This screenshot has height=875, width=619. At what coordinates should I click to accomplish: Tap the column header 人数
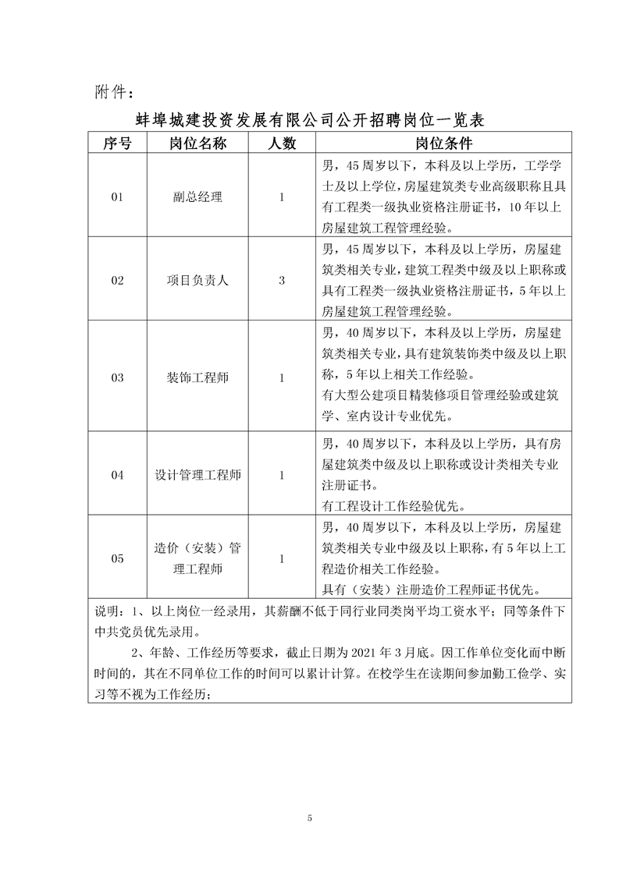point(282,143)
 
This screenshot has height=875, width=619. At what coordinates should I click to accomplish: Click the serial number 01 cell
point(117,197)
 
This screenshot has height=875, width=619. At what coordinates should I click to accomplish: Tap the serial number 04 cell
point(117,475)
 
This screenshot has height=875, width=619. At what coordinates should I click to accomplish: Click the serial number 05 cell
point(117,558)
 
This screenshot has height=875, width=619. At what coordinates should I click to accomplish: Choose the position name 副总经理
point(197,197)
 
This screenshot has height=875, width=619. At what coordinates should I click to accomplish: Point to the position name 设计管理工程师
point(197,475)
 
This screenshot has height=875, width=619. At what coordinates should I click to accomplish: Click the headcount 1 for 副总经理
point(282,197)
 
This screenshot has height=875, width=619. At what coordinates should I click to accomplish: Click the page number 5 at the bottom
point(310,818)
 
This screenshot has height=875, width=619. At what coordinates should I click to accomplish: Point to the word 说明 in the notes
point(105,610)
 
